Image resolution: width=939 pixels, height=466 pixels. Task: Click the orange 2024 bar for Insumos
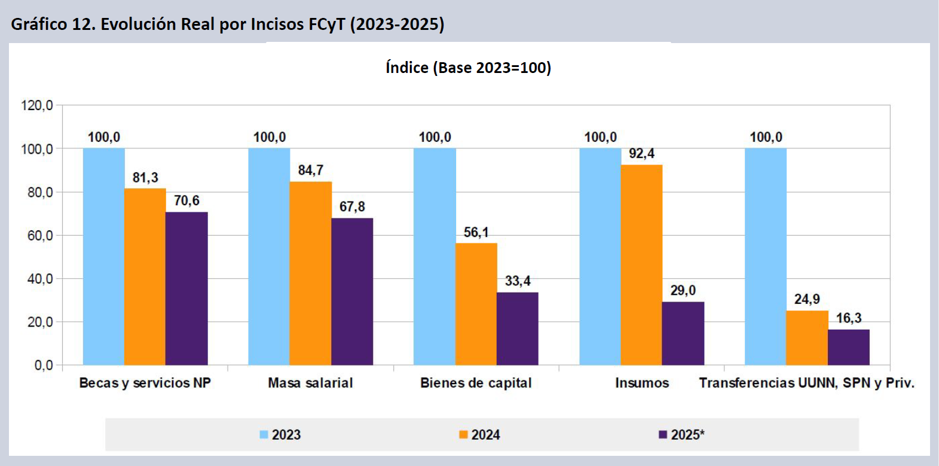tap(641, 264)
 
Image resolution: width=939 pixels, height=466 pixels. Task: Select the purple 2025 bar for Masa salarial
tap(352, 291)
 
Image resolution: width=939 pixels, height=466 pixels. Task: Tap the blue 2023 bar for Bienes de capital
tap(435, 257)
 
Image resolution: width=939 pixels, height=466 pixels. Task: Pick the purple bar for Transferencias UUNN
tap(848, 347)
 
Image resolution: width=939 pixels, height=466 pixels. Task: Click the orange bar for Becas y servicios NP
tap(145, 276)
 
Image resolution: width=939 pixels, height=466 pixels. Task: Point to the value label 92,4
tap(641, 154)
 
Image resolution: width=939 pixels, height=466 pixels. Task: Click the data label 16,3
tap(848, 318)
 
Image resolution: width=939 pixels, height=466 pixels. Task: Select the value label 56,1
tap(476, 232)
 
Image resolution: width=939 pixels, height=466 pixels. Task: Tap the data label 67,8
tap(352, 207)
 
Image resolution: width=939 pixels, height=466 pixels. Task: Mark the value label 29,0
tap(683, 291)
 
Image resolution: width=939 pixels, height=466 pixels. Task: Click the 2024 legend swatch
tap(463, 435)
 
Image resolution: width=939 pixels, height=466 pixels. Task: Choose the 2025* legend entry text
tap(687, 435)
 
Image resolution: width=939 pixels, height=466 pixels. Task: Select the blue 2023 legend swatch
tap(264, 435)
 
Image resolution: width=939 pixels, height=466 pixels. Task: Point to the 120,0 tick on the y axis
tap(37, 106)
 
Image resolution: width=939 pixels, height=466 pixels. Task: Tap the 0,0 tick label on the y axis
tap(44, 366)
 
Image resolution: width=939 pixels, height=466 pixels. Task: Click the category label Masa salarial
tap(310, 383)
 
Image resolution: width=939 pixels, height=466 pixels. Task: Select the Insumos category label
tap(642, 383)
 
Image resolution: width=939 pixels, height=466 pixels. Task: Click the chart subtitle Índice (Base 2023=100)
tap(468, 68)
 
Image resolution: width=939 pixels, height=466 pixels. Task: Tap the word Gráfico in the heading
tap(39, 25)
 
